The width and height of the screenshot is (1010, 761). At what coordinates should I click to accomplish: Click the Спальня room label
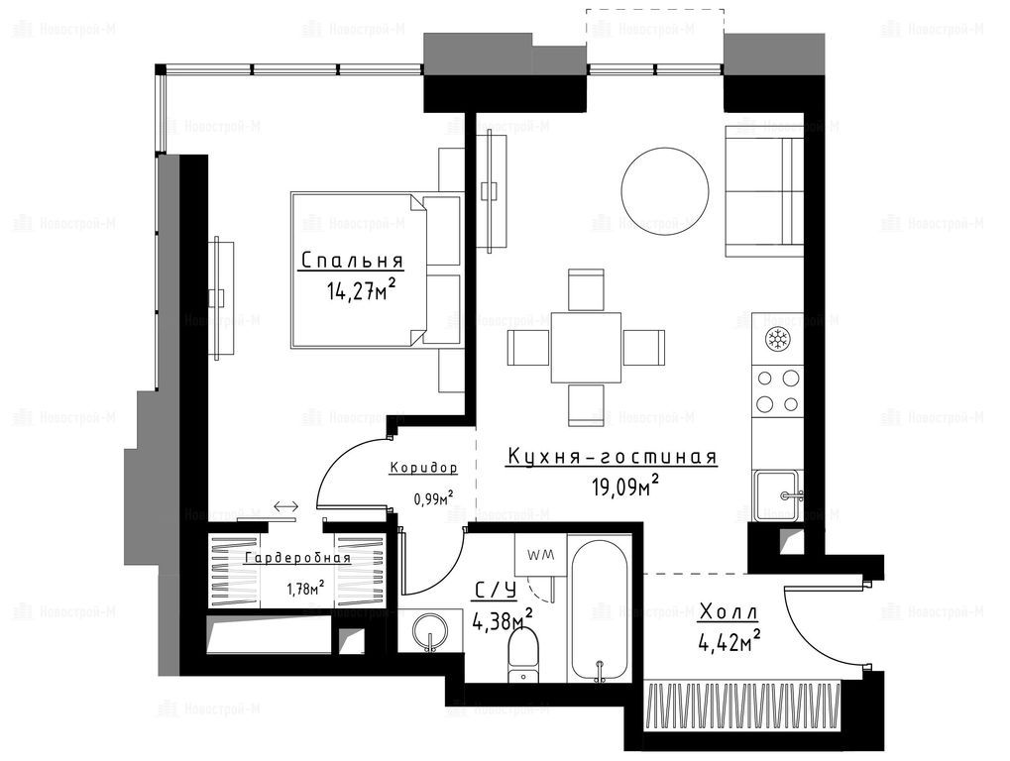[x=352, y=261]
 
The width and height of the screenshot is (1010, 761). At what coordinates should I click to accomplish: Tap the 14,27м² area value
[x=361, y=290]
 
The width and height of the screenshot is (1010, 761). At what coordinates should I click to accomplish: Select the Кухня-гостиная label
[x=612, y=457]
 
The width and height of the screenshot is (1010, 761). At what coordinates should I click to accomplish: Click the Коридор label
[x=423, y=468]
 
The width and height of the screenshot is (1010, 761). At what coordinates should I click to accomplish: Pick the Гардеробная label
[x=297, y=558]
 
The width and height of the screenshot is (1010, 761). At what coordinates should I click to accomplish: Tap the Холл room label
[x=728, y=611]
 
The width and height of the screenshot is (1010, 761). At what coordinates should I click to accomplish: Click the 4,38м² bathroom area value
[x=502, y=620]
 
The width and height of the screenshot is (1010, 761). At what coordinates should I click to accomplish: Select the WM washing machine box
[x=540, y=554]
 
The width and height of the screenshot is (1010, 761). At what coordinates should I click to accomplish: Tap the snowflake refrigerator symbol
[x=777, y=339]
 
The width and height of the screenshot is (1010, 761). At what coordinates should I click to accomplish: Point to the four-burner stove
[x=777, y=391]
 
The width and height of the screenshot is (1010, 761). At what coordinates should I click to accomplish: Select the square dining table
[x=586, y=348]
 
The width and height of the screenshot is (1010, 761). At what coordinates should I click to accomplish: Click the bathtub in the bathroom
[x=599, y=608]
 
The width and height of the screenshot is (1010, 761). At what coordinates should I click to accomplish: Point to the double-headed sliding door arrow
[x=286, y=506]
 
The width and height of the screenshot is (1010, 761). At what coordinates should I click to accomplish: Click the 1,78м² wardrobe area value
[x=305, y=589]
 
